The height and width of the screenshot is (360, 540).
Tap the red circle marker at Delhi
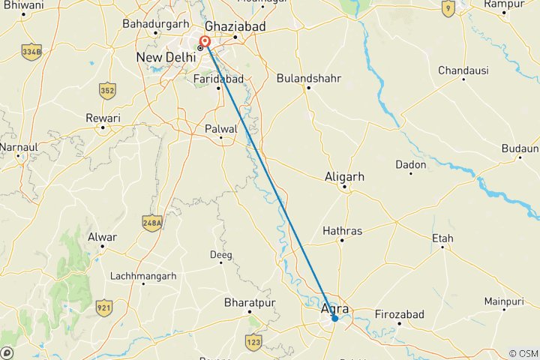(x=205, y=41)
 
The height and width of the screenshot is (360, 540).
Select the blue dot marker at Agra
(x=334, y=319)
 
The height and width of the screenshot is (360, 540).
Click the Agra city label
(x=334, y=308)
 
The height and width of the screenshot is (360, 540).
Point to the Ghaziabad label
(x=235, y=25)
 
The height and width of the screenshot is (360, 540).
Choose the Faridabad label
(x=219, y=78)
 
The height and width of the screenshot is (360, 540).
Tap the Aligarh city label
(x=345, y=177)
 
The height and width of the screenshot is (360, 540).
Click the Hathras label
(x=342, y=230)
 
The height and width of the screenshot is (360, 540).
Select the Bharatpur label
(x=250, y=303)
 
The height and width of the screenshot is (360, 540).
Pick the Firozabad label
(x=400, y=313)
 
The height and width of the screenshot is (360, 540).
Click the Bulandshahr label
(x=307, y=77)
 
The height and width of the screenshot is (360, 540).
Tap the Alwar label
(x=103, y=237)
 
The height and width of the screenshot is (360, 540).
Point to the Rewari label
(x=103, y=118)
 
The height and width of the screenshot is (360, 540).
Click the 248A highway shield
(x=152, y=223)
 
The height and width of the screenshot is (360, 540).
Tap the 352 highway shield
(x=106, y=91)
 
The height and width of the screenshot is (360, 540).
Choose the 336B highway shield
(x=31, y=53)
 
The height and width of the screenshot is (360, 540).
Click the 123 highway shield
(x=253, y=342)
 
